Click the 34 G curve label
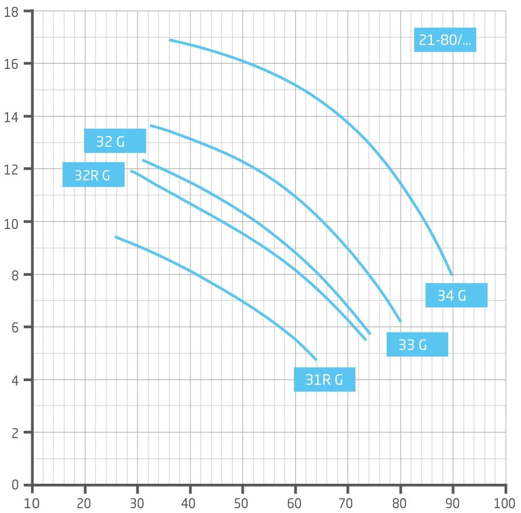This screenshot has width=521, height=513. coord(456,295)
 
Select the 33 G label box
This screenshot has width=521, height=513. coord(417,345)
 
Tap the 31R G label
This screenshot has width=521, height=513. coord(324,380)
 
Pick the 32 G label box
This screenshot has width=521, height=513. coord(115,141)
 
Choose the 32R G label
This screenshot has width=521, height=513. coord(93,174)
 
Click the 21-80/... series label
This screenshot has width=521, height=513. coord(444,39)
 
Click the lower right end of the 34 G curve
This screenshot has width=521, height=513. coord(451,274)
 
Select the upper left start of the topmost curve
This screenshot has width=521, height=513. coord(170,40)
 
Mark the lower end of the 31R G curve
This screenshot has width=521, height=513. coord(316,359)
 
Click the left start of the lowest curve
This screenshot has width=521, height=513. coord(115,237)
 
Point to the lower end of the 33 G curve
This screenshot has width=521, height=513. coord(401,321)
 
